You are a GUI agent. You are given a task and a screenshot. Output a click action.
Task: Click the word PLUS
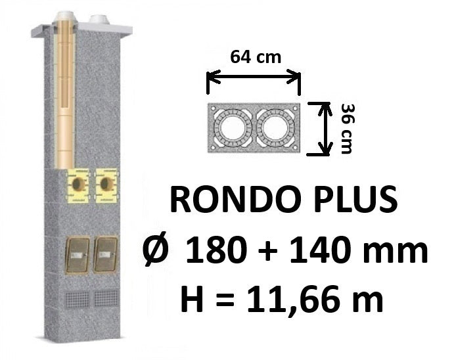355,200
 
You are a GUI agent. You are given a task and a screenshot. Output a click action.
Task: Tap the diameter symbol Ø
156,249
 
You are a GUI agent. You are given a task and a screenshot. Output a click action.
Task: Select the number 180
217,249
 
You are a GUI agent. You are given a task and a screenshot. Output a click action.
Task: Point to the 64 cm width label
256,57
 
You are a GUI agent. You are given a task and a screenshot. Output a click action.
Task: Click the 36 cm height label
347,129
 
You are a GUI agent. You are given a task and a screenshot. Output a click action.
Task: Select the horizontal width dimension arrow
254,77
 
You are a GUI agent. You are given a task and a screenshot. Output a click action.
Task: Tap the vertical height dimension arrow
325,129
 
